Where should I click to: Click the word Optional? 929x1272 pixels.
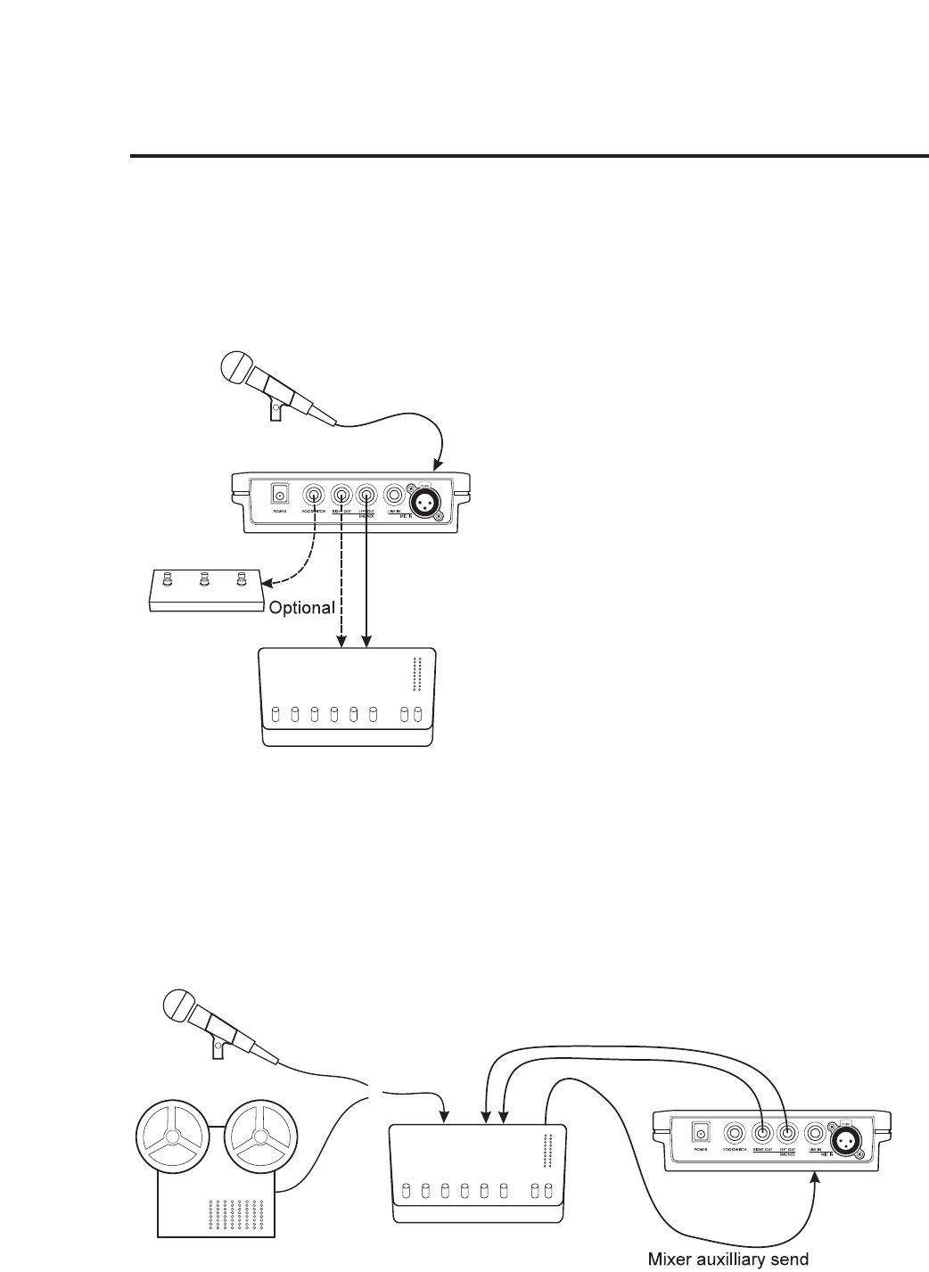coord(302,607)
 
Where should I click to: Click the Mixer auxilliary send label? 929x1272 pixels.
coord(728,1259)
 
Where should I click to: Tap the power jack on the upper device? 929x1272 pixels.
coord(281,496)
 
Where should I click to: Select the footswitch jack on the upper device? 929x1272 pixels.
coord(314,496)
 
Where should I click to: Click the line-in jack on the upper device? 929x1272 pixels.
coord(393,496)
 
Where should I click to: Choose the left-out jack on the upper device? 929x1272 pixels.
coord(366,496)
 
